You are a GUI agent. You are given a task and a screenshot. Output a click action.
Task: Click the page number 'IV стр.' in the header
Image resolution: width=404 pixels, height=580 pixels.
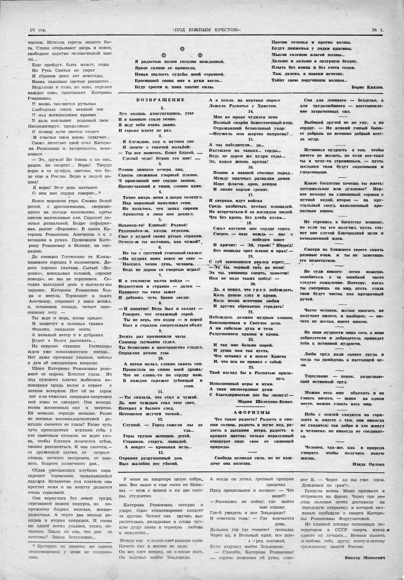coord(38,30)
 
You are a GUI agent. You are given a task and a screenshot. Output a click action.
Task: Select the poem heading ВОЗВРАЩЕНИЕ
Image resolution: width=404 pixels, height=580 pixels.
coord(160,100)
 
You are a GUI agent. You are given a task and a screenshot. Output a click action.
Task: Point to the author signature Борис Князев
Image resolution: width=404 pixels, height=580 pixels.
coord(367,88)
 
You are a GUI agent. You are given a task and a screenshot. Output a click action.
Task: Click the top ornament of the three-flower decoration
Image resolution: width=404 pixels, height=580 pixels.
coord(182,49)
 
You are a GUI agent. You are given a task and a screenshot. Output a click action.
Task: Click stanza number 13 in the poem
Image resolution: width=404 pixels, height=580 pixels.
coord(160,452)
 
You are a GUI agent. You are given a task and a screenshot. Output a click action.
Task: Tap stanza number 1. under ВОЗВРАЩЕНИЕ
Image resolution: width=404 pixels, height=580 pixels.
coord(162,108)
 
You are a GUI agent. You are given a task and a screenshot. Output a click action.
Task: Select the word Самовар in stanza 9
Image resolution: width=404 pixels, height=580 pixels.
coord(128,342)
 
